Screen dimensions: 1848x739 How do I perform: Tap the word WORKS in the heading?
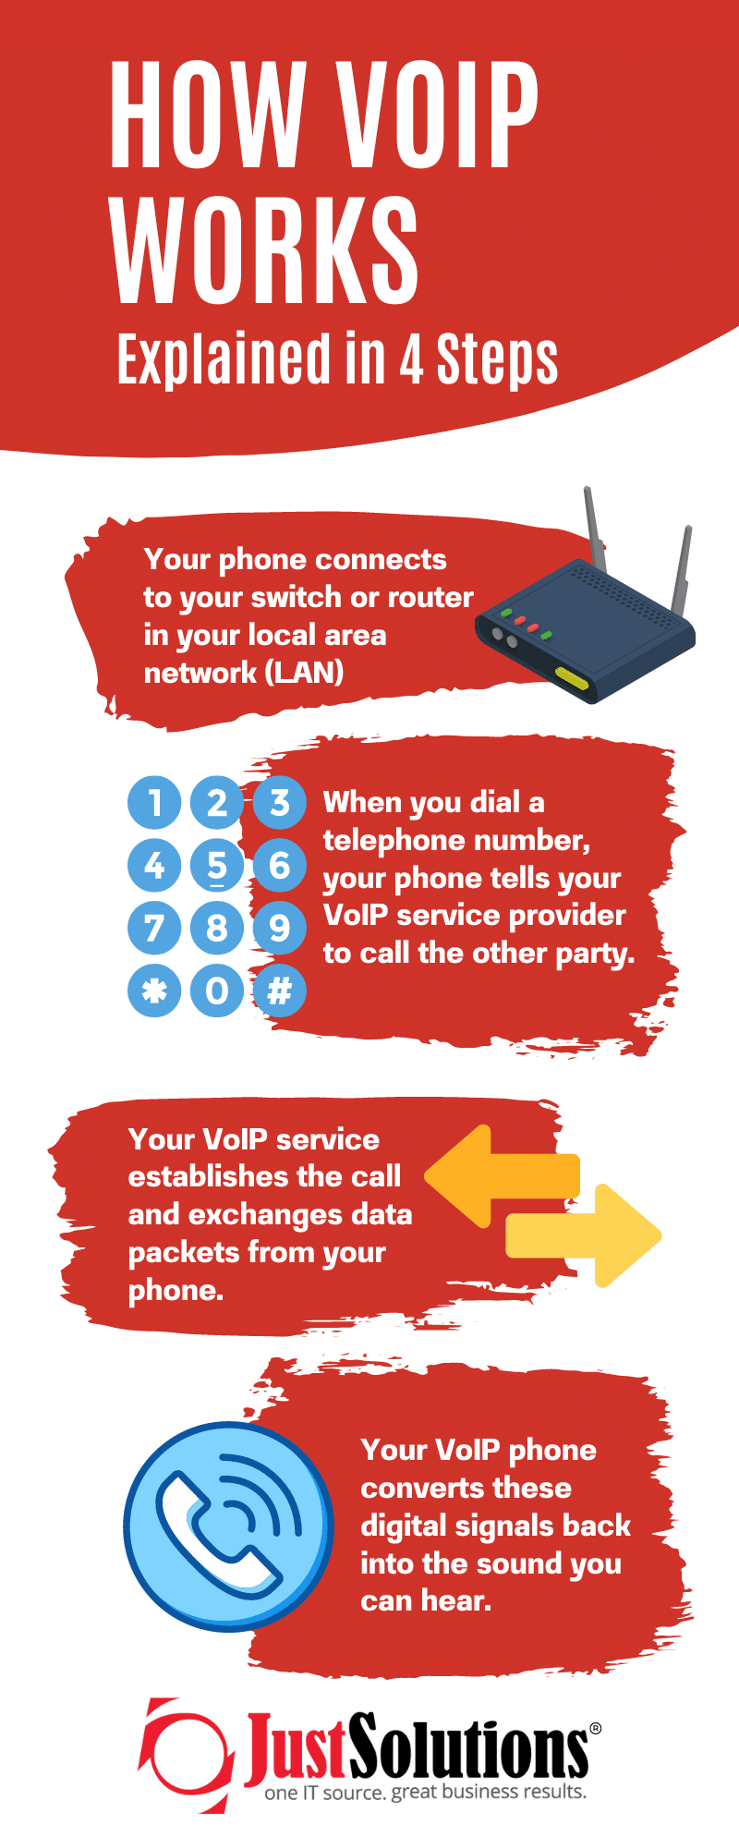pos(266,251)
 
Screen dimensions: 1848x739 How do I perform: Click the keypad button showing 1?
pos(154,802)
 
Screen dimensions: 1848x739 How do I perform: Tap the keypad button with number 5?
pos(216,866)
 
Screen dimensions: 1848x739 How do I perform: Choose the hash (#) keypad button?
pos(279,991)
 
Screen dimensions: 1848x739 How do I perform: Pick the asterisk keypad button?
pos(154,991)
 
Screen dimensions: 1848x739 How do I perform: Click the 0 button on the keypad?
pos(216,991)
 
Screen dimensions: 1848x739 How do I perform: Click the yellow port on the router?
pos(572,679)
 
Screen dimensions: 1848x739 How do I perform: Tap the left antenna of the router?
pos(591,522)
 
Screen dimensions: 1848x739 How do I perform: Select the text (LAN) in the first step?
pos(304,672)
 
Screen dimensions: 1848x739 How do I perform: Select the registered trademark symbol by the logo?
pos(595,1727)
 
